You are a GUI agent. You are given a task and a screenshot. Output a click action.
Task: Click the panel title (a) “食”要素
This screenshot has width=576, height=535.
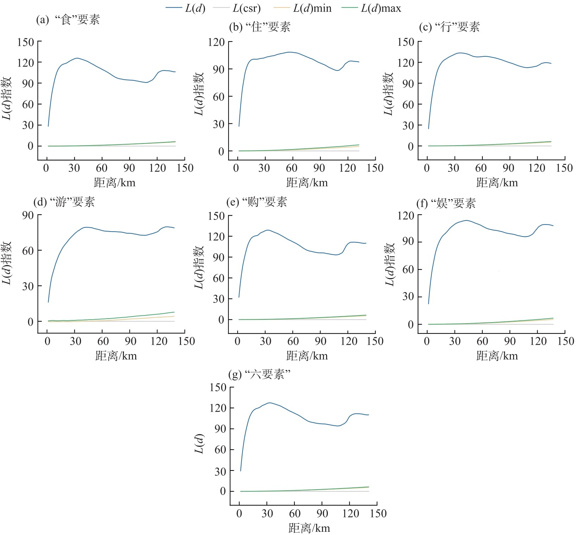tap(68, 20)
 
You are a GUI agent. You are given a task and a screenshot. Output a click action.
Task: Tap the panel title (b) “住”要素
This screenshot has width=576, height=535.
tap(259, 27)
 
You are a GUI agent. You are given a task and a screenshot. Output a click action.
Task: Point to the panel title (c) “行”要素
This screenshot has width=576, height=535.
tap(449, 27)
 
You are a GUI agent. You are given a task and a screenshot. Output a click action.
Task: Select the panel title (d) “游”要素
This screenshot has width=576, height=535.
tap(64, 202)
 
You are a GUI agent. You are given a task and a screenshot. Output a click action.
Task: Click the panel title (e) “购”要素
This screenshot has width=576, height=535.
tap(257, 202)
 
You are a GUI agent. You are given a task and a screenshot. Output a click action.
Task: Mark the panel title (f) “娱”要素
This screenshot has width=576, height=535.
tap(446, 203)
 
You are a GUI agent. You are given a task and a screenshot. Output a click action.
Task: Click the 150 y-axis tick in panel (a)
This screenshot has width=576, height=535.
tap(26, 42)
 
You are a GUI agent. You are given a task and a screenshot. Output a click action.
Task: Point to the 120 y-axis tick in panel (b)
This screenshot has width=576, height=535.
tap(216, 42)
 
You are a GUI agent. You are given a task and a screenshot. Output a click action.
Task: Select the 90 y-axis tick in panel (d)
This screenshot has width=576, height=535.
tap(28, 215)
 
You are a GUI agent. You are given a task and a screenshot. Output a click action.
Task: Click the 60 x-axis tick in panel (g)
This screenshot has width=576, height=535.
tap(295, 513)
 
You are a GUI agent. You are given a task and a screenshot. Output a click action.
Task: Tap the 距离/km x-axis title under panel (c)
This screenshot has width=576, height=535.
tap(497, 183)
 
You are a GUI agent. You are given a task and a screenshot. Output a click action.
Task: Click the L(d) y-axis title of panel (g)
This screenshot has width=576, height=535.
tap(199, 444)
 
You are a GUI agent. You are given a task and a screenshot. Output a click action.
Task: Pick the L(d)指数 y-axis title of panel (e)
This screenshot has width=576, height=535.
tap(199, 267)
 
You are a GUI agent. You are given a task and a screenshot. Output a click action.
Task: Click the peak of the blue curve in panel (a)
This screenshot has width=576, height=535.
tap(77, 58)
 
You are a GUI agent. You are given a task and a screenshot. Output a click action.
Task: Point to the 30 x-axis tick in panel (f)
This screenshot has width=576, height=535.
tap(455, 341)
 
